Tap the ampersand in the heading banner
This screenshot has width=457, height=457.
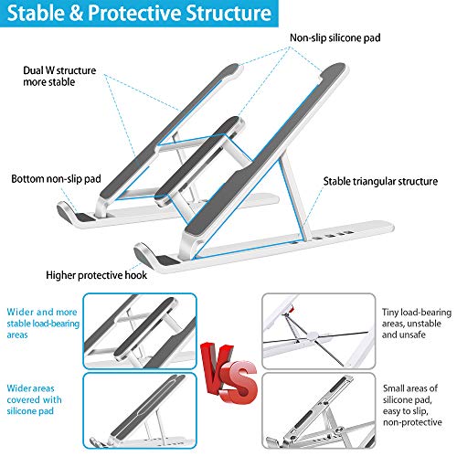pos(78,13)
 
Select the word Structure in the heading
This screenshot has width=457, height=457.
pos(228,13)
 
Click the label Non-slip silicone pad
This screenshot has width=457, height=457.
pos(335,37)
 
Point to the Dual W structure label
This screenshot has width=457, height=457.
pos(59,76)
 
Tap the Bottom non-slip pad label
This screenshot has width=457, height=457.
pos(56,178)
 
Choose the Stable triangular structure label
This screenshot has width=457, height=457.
pos(380,181)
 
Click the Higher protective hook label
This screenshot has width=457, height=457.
pos(96,275)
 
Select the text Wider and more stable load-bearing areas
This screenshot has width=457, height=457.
pos(43,324)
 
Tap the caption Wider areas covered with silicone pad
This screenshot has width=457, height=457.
pos(34,399)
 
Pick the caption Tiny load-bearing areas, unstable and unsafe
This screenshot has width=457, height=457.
pos(417,324)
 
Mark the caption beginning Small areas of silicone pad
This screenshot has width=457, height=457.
pos(412,405)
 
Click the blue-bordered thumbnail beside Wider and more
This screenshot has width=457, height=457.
pos(140,331)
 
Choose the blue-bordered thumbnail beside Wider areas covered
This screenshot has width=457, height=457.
pos(140,410)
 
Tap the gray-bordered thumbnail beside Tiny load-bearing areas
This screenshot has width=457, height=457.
pos(319,331)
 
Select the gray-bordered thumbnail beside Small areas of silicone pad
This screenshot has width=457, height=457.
pos(319,410)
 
